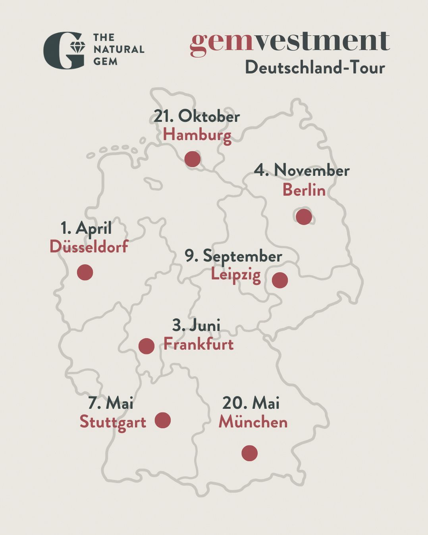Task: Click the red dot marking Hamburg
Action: pos(193,159)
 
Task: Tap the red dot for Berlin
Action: pos(304,217)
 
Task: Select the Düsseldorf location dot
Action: pos(85,272)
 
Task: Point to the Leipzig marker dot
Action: pos(280,280)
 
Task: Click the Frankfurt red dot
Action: pos(147,346)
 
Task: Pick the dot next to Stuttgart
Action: pos(163,420)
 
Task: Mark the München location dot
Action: pos(249,453)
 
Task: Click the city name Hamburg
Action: pos(197,135)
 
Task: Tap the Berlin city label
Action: pos(304,190)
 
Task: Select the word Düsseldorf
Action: pos(89,247)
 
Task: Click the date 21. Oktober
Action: pos(197,116)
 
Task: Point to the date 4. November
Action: pos(302,170)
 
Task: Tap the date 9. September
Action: pos(233,256)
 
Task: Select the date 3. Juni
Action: pos(196,325)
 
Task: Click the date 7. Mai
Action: pos(111,403)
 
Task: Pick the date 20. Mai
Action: pos(251,403)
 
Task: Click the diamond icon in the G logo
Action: pos(77,47)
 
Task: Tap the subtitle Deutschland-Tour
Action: pos(315,67)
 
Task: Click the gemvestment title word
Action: pos(290,41)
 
